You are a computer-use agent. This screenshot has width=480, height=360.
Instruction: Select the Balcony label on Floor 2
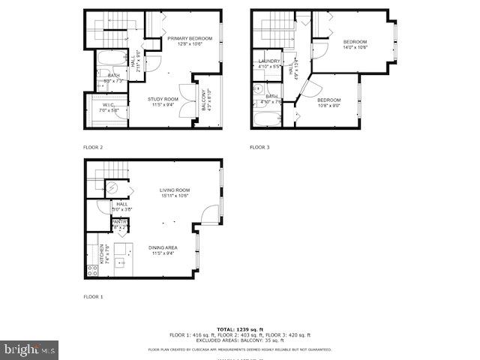click(204, 100)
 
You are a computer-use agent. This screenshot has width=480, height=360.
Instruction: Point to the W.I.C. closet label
click(109, 107)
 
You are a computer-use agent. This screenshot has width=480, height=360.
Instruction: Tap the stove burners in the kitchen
click(93, 270)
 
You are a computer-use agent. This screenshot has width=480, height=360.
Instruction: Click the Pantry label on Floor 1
click(120, 223)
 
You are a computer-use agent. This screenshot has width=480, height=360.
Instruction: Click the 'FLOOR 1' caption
click(93, 297)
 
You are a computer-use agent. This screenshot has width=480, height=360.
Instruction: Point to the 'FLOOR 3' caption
click(259, 147)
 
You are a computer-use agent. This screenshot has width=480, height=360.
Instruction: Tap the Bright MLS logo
click(30, 349)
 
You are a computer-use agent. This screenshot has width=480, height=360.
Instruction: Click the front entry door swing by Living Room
click(211, 214)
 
